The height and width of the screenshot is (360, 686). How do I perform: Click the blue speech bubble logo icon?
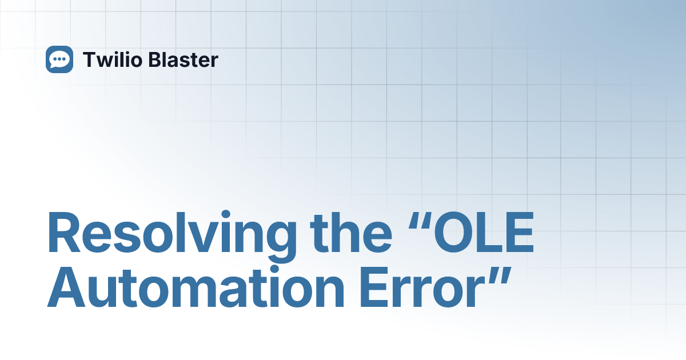59,59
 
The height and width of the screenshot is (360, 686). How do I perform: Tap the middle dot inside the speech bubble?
59,59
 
